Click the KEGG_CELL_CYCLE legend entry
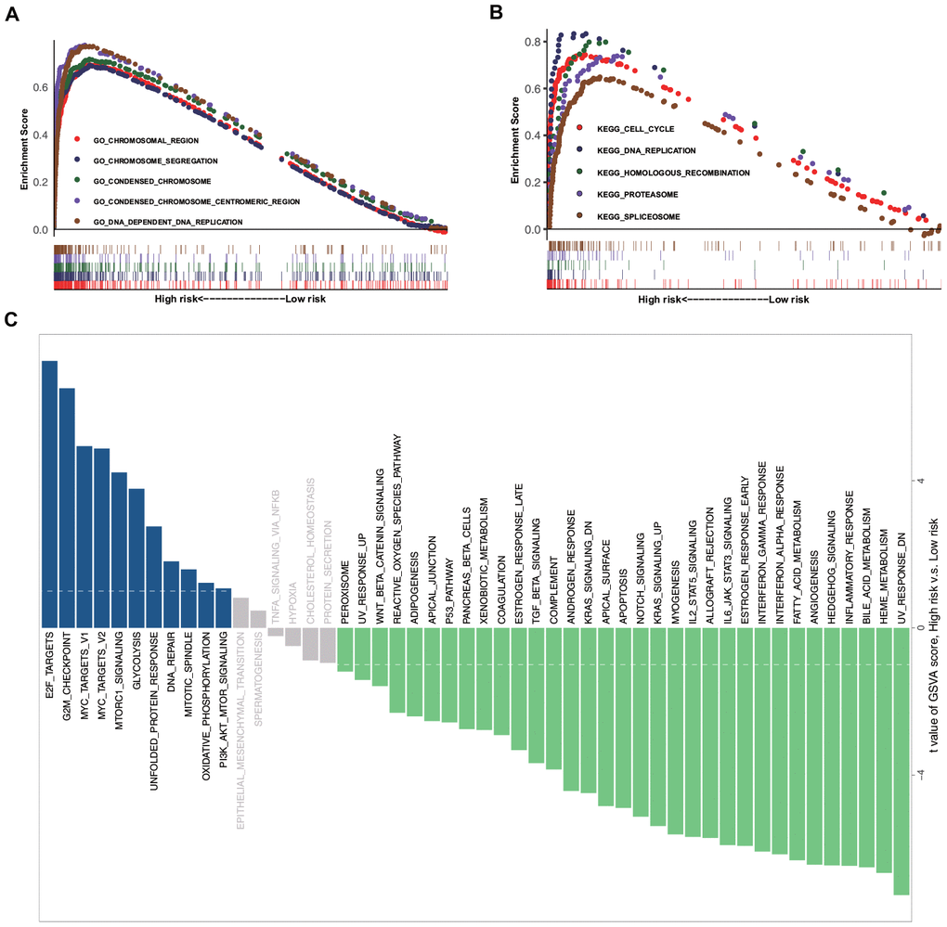tap(629, 128)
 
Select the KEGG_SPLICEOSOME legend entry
tap(632, 216)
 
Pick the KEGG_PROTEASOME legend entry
tap(632, 194)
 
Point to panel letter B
tap(496, 14)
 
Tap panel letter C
tap(11, 319)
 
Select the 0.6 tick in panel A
tap(38, 87)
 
